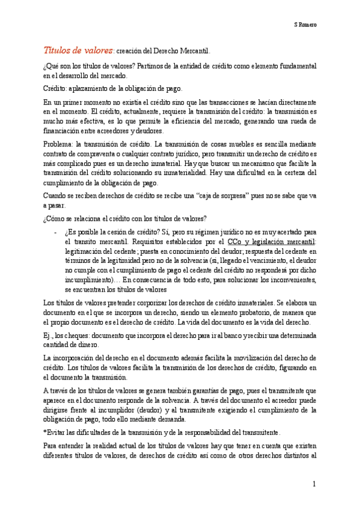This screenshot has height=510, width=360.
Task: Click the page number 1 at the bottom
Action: (313, 484)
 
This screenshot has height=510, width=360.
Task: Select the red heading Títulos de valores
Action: (78, 51)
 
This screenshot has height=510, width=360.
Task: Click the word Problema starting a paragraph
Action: (58, 145)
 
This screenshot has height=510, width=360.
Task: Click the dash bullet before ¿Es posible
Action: (55, 232)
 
